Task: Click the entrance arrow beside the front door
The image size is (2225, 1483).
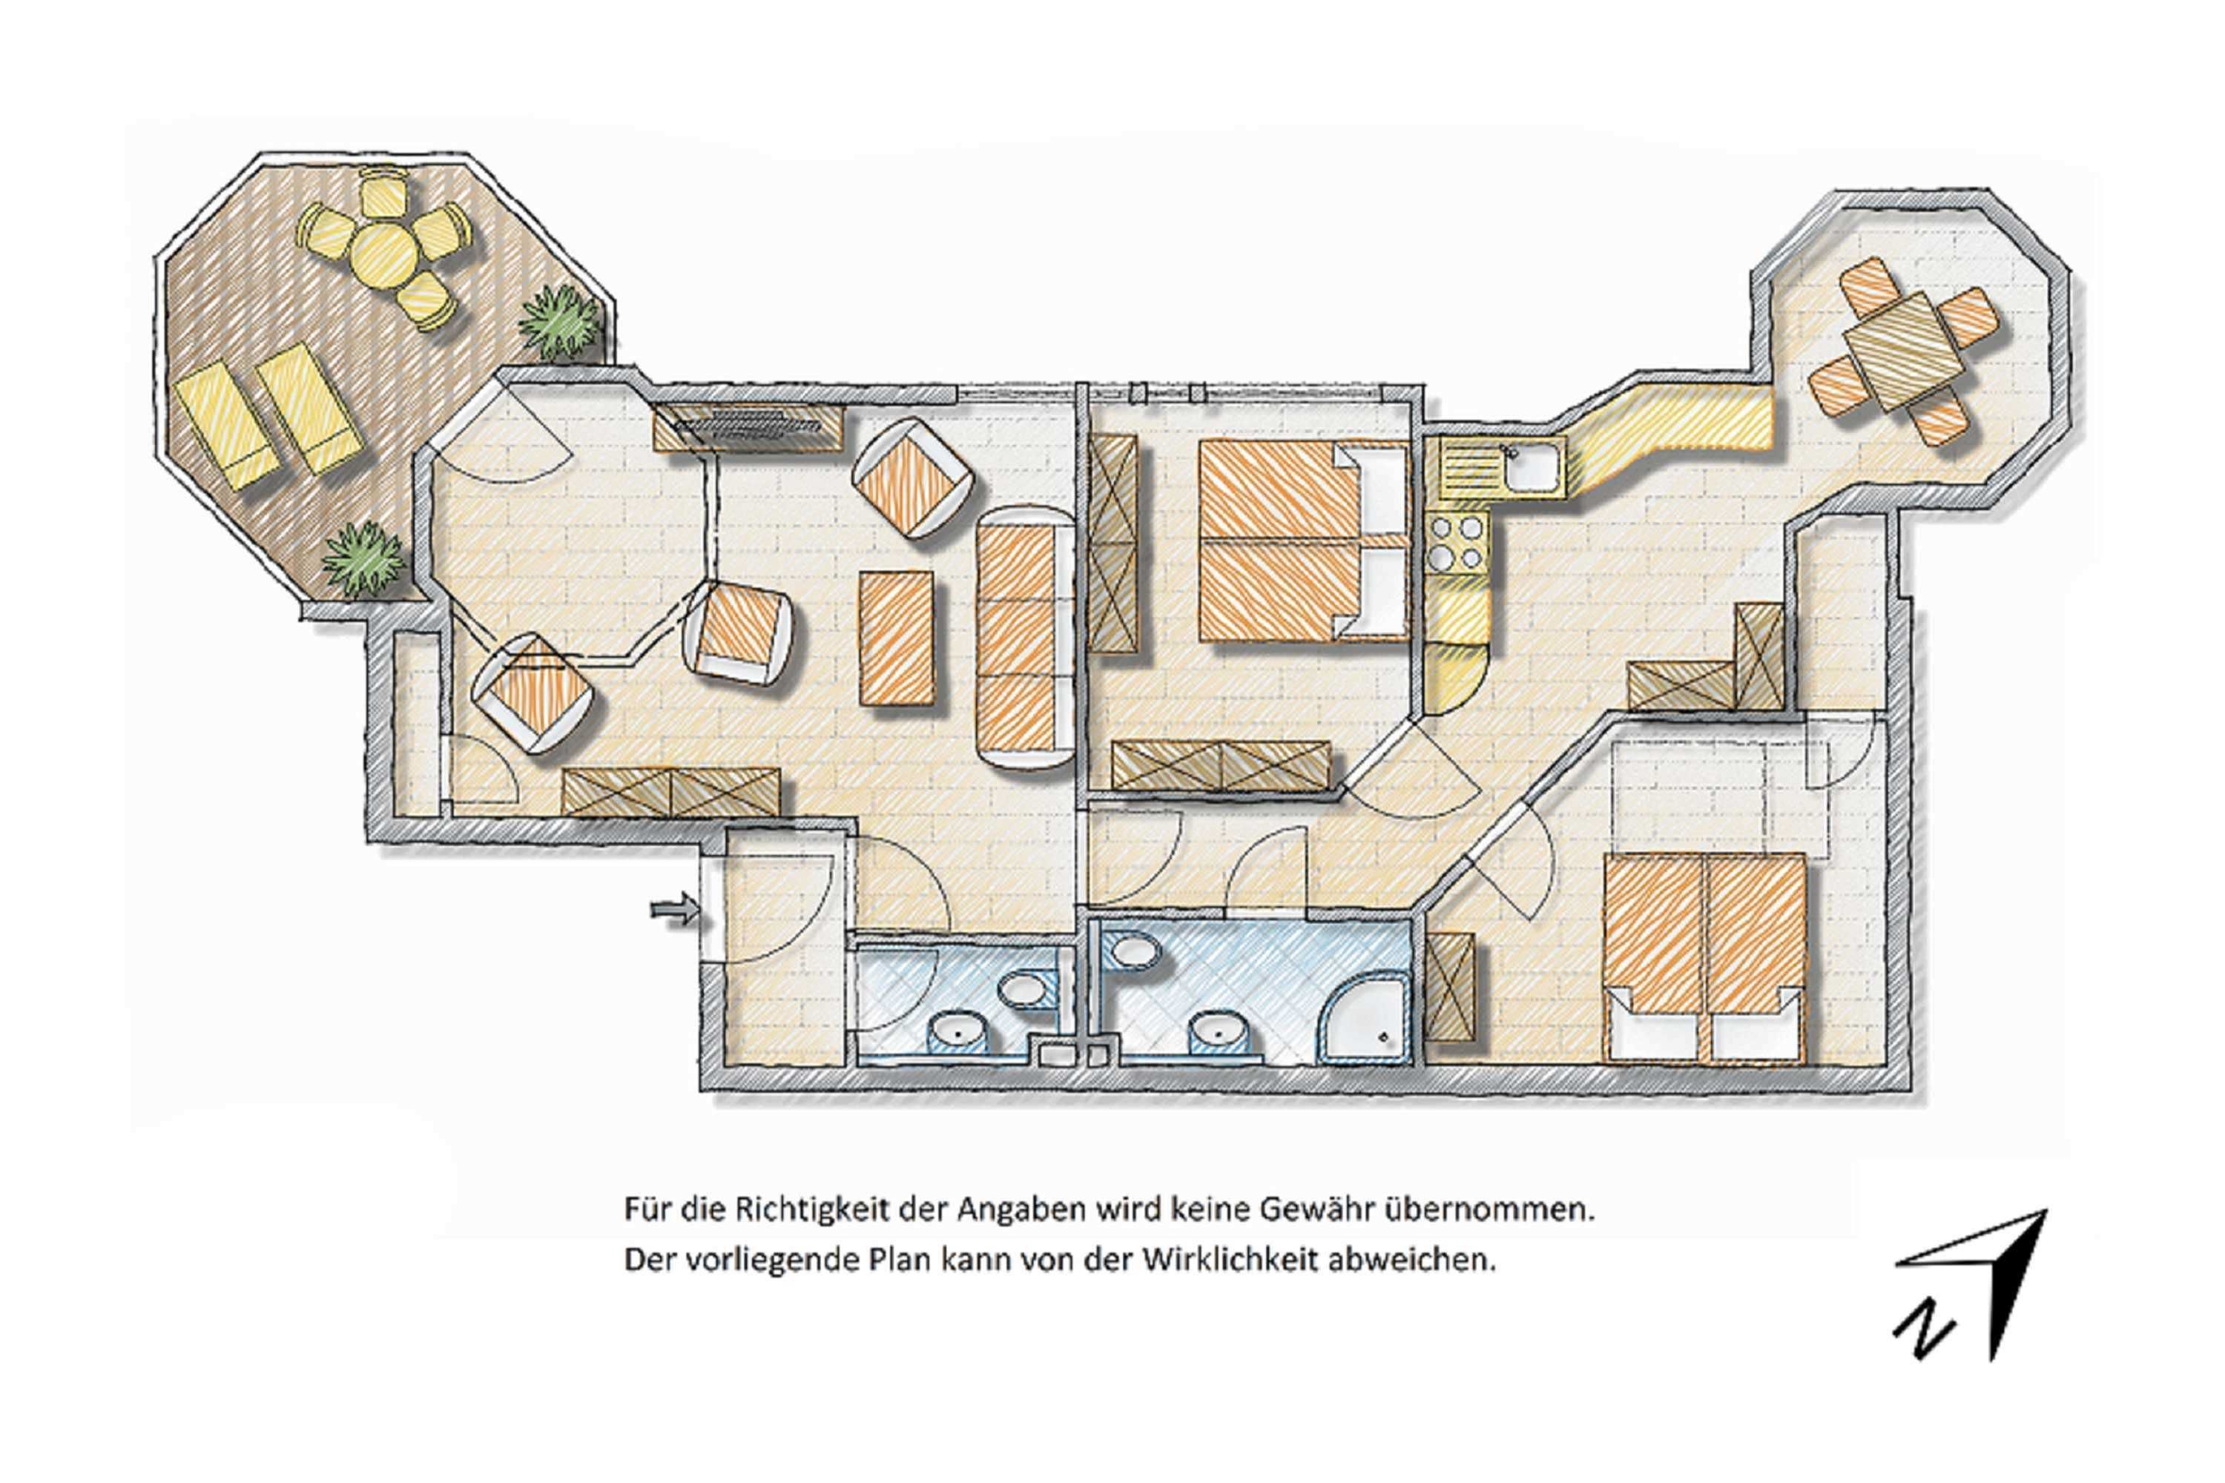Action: pyautogui.click(x=674, y=910)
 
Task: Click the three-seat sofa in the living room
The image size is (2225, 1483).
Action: pyautogui.click(x=1023, y=638)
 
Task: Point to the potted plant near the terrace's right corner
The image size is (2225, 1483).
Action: pyautogui.click(x=559, y=323)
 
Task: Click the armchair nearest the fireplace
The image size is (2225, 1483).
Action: pyautogui.click(x=912, y=478)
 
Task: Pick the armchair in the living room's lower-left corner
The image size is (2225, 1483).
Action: pyautogui.click(x=533, y=693)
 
